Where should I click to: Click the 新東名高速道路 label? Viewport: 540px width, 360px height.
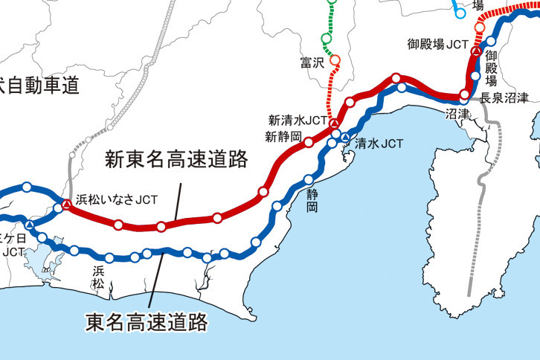pos(176,160)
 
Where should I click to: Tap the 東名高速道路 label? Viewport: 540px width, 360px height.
pos(146,322)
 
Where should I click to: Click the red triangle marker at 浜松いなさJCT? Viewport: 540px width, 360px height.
pos(66,204)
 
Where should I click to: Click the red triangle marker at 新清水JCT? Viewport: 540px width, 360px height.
pos(335,123)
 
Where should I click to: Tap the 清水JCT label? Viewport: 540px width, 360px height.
pos(379,144)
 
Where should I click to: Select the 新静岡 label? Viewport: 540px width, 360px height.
pos(283,137)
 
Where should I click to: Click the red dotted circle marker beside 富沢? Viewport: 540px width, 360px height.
pos(334,60)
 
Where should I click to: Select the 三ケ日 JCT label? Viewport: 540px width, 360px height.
pos(12,245)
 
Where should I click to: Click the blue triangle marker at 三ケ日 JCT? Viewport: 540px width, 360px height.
pos(29,225)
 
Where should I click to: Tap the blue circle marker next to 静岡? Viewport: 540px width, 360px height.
pos(309,179)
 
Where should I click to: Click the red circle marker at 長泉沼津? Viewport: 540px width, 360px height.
pos(464,94)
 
